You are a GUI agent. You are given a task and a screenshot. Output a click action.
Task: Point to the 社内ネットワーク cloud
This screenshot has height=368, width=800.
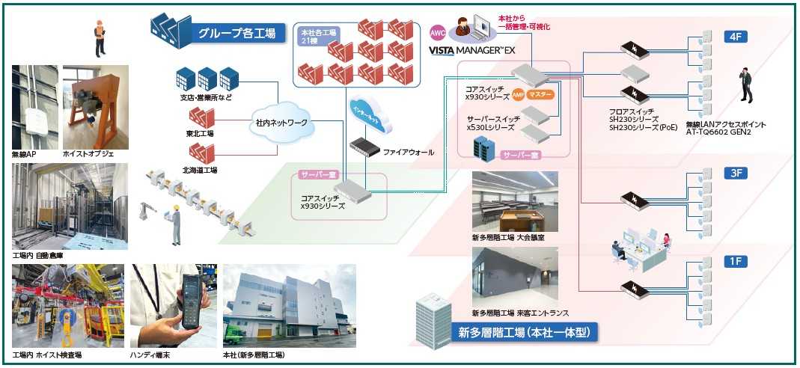pyautogui.click(x=276, y=121)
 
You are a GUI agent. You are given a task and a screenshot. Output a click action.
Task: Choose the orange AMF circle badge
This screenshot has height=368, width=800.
pyautogui.click(x=517, y=96)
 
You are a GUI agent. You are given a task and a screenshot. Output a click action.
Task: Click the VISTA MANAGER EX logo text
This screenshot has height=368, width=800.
pyautogui.click(x=472, y=51)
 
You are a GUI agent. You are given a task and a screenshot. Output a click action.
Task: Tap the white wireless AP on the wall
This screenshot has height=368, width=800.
pyautogui.click(x=33, y=114)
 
